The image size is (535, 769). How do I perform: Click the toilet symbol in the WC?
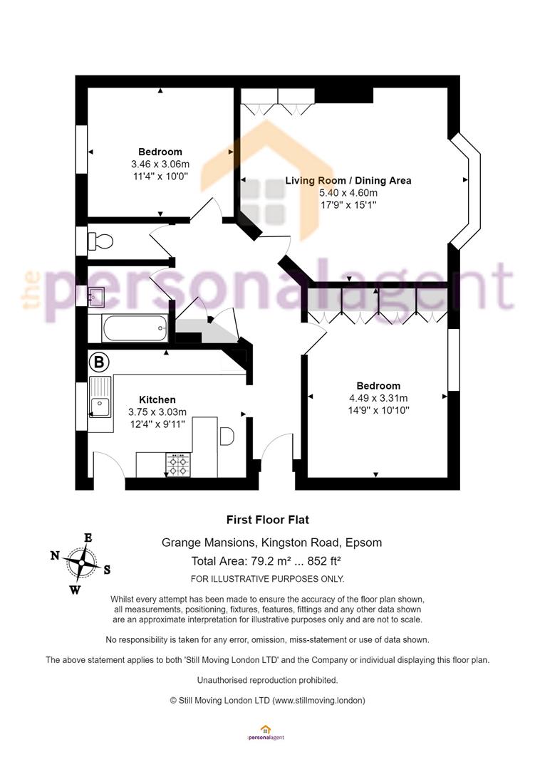click(100, 241)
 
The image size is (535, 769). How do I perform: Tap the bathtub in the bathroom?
click(135, 328)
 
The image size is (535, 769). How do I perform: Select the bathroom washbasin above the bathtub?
click(95, 297)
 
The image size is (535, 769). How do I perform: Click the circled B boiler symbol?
click(99, 362)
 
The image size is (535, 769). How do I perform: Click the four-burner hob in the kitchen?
click(177, 464)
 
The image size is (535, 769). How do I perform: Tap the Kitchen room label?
click(157, 399)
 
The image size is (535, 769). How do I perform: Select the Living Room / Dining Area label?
click(348, 180)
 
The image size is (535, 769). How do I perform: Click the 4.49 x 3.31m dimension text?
click(378, 398)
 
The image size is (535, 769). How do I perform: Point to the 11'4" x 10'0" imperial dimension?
click(160, 176)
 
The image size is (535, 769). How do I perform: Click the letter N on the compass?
click(55, 555)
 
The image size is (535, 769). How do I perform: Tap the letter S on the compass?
click(107, 570)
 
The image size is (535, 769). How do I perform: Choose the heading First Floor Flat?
click(268, 520)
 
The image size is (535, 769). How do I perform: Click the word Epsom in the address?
click(364, 543)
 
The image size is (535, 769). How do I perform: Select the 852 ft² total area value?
click(324, 561)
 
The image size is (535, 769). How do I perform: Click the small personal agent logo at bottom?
click(266, 733)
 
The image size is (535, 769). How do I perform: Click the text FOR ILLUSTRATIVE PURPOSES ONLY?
click(268, 579)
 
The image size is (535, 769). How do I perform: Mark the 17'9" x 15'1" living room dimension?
click(348, 205)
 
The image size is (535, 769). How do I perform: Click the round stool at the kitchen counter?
click(227, 436)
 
